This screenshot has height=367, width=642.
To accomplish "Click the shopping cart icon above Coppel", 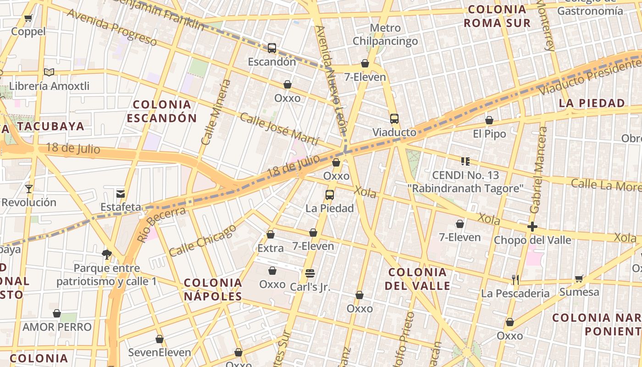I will click(28, 18).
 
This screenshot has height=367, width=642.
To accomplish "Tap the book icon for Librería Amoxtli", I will click(49, 72).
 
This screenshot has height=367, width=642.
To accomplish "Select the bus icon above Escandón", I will click(272, 48).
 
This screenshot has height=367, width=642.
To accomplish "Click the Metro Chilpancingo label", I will click(385, 34).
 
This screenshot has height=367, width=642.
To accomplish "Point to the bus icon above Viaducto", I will click(394, 119).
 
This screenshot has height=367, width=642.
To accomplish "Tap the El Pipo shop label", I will click(489, 134).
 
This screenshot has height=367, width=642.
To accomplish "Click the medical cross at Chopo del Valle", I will click(532, 226).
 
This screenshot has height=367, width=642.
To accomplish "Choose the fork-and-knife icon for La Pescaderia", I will click(515, 279).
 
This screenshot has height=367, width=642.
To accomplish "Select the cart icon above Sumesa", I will click(579, 278).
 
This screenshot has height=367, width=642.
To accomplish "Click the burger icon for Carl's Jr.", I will click(310, 273).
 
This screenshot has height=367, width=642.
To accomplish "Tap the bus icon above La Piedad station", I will click(329, 195).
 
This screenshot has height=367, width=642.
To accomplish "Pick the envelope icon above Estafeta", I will click(121, 194).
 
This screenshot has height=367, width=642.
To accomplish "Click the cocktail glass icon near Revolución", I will click(29, 189).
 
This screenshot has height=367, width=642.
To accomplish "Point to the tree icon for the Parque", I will click(107, 254).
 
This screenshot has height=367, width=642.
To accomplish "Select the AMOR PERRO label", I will click(57, 327).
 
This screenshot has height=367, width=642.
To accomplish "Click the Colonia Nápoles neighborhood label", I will click(213, 289).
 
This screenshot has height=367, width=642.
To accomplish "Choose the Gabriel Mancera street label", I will click(538, 170).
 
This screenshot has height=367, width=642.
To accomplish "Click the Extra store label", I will click(271, 248).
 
